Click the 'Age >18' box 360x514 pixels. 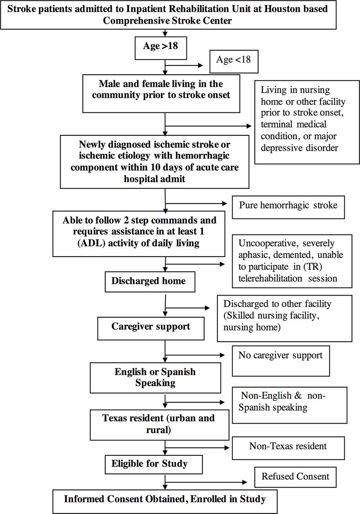(x=161, y=48)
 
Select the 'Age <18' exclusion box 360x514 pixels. (x=234, y=61)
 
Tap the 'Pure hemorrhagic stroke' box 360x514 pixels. (x=288, y=207)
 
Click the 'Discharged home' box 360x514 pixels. (x=150, y=282)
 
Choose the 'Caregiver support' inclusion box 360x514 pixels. (x=151, y=328)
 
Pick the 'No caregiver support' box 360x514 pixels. (x=281, y=361)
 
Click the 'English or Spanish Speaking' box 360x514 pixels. (x=155, y=378)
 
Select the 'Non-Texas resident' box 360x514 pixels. (x=288, y=448)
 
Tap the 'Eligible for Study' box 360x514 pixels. (x=154, y=465)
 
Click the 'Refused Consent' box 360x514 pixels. (x=295, y=477)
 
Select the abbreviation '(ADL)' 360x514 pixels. (x=91, y=243)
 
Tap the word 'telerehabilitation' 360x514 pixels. (x=270, y=278)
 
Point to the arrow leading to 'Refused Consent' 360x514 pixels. (x=206, y=482)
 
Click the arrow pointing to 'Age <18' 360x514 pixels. (x=184, y=65)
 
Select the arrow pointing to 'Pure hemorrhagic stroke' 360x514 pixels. (x=196, y=203)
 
